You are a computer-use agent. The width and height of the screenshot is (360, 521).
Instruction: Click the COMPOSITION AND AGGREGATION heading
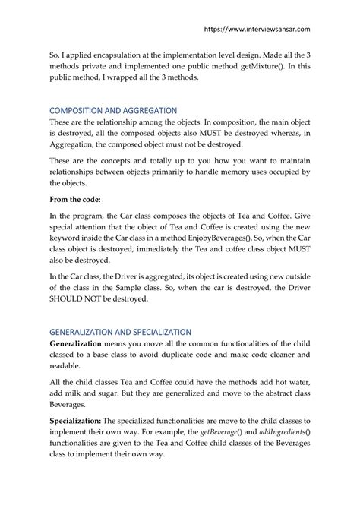coord(113,110)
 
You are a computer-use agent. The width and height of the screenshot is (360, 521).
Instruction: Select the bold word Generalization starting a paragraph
coord(80,344)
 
